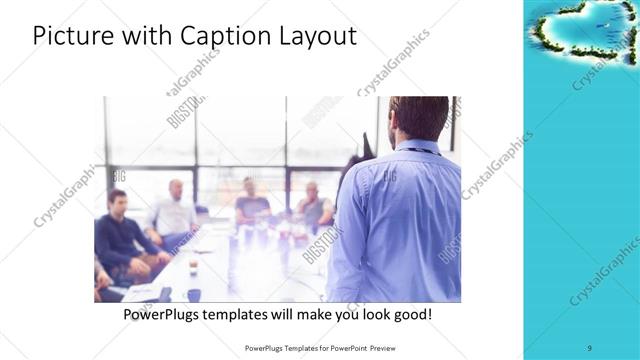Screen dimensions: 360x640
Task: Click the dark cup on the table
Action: [193, 294]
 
